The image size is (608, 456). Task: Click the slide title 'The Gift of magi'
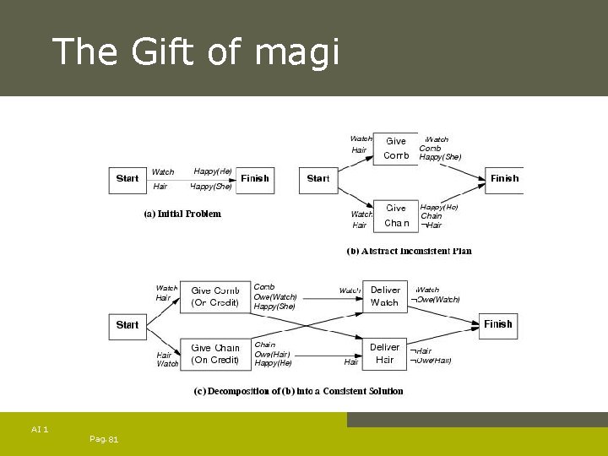coord(195,52)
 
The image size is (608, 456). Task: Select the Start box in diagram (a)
coord(128,179)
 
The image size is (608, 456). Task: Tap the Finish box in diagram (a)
coord(255,179)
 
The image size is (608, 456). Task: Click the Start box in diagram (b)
coord(318,179)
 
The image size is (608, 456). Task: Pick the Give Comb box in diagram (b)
coord(395,148)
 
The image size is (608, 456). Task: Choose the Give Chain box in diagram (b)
coord(395,215)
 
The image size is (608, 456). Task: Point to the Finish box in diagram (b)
coord(505,179)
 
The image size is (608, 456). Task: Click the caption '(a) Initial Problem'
coord(182,214)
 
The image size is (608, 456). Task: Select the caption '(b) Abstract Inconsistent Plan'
coord(409,251)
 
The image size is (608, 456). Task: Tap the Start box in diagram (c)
coord(128,325)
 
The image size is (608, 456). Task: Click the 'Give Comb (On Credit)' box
coord(214,296)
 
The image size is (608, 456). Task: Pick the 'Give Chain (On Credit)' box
coord(214,354)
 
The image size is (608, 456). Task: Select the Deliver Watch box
coord(384,296)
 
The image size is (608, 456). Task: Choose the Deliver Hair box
coord(384,354)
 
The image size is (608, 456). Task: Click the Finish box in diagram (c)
coord(498,324)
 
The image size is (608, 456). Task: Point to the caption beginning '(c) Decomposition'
coord(299,391)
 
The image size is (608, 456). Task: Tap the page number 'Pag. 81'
coord(103,439)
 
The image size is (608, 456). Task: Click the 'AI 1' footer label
coord(40,430)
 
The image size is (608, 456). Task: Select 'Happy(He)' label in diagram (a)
coord(213,171)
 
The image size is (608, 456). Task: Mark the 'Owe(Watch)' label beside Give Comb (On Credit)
coord(275,296)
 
